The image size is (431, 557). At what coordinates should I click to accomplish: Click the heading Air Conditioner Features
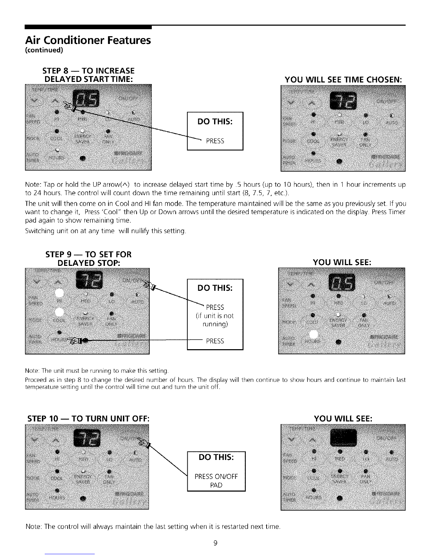pos(88,40)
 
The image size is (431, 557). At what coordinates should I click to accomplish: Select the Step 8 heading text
pos(88,75)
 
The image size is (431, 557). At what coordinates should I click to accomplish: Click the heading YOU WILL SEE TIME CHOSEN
pos(343,79)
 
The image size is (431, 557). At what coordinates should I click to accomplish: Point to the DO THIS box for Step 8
pos(215,131)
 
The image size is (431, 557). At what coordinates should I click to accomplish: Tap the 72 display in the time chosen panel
pos(342,100)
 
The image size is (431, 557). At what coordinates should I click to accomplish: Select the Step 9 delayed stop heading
pos(88,258)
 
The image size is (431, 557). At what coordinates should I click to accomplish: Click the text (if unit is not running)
pos(215,320)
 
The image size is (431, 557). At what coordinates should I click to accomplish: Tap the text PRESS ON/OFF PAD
pos(216,481)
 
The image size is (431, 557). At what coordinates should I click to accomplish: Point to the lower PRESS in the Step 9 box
pos(215,341)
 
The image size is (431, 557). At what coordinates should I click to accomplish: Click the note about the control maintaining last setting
pos(153,526)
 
